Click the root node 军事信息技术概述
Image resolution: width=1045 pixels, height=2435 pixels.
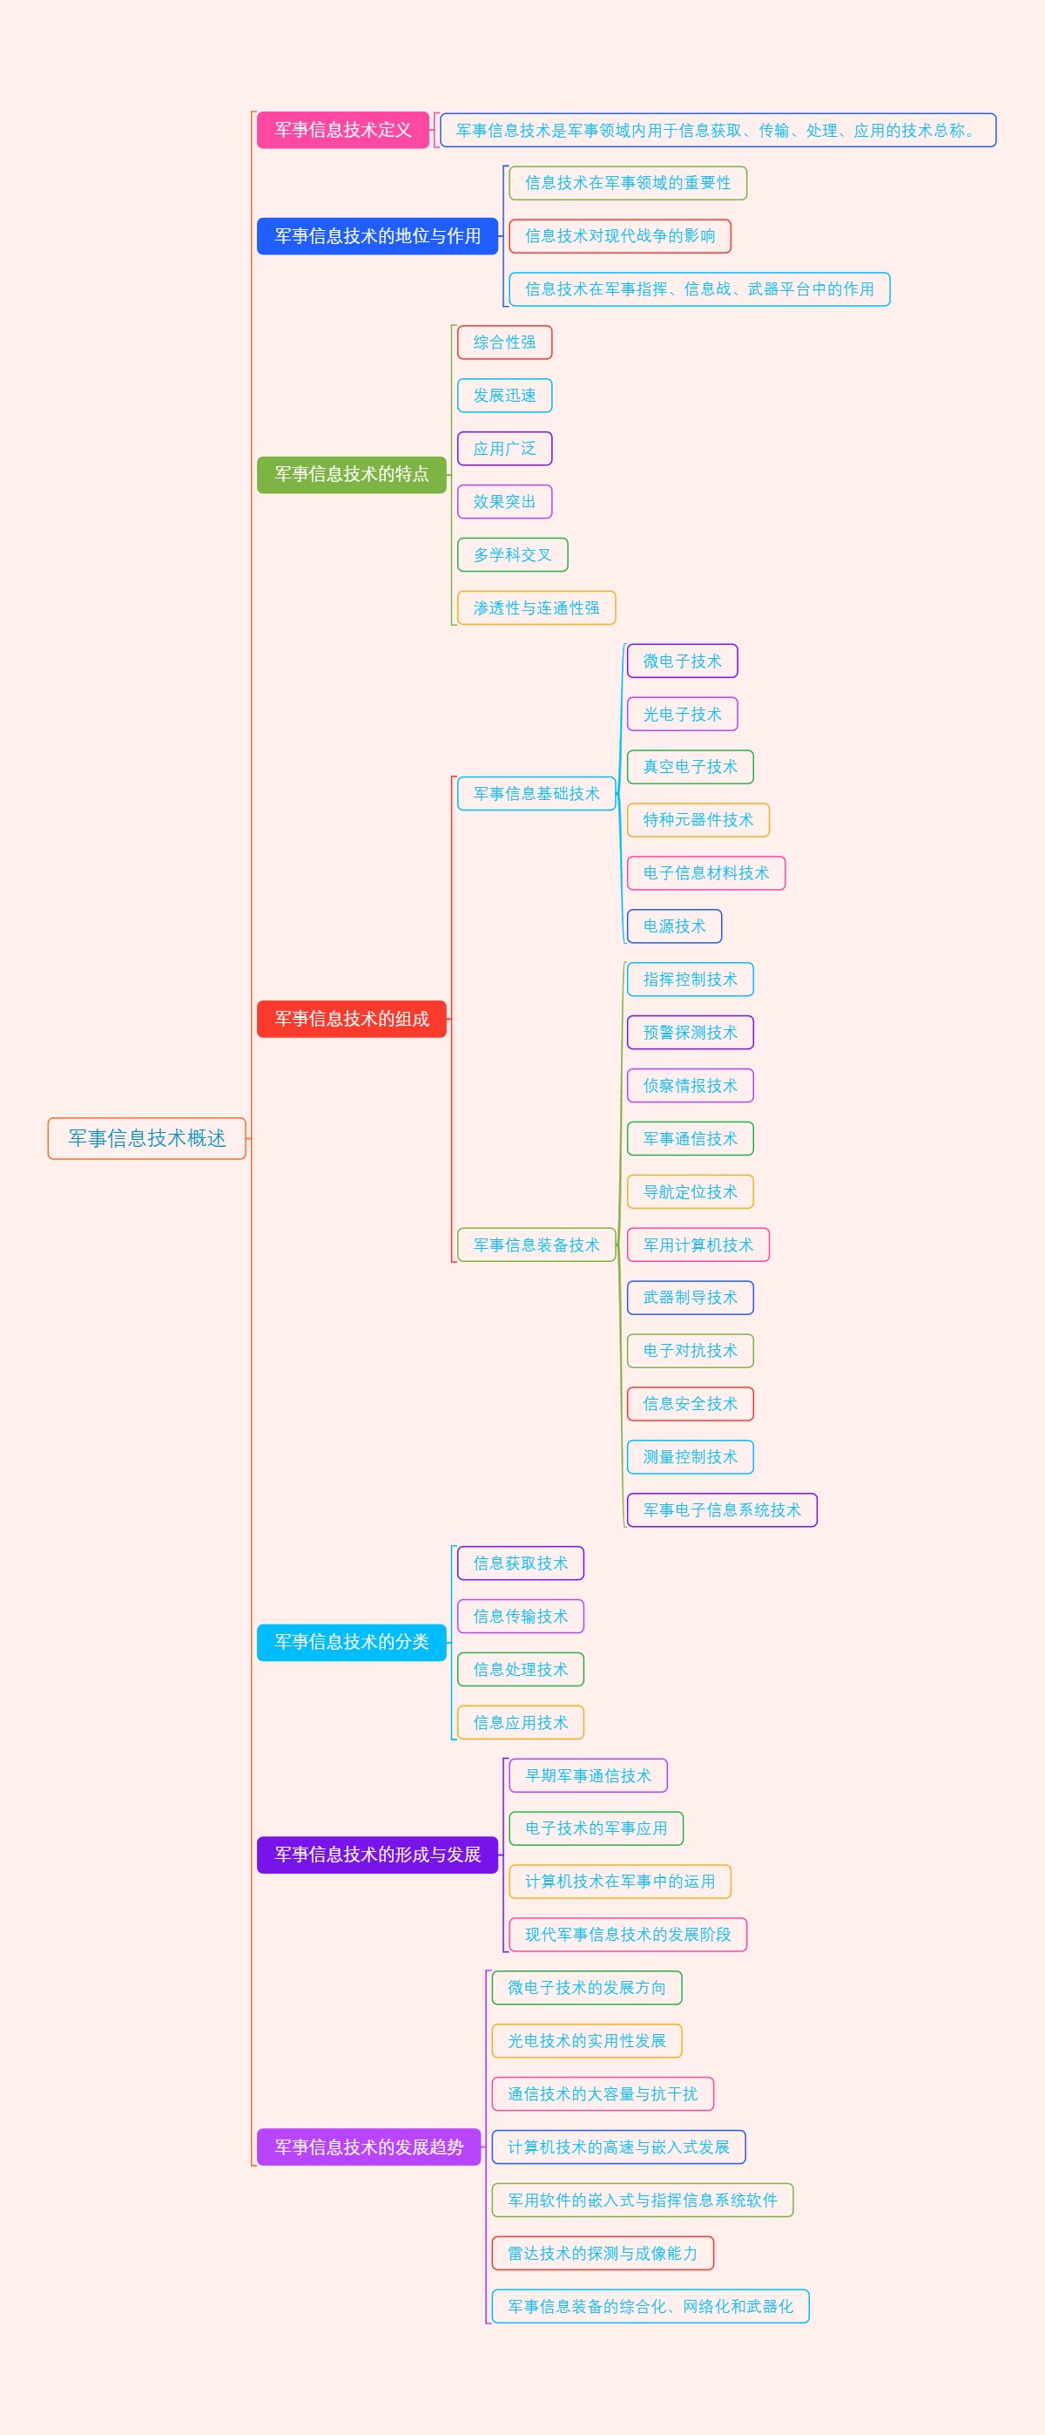point(146,1138)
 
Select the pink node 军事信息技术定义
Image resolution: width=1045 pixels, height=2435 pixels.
point(343,130)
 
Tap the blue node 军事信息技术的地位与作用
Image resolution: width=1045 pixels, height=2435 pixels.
point(377,236)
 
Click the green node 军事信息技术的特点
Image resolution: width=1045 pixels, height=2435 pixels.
point(352,473)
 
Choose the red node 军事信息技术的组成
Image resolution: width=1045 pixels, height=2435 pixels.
point(352,1018)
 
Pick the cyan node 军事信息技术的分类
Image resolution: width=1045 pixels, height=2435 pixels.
point(352,1642)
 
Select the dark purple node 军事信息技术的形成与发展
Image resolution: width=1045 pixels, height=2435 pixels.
point(377,1855)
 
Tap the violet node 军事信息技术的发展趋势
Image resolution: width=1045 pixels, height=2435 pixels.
point(368,2147)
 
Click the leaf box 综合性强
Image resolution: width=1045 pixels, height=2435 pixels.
point(504,343)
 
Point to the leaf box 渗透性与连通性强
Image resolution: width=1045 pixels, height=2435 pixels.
point(536,607)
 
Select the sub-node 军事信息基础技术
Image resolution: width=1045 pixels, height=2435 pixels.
point(536,794)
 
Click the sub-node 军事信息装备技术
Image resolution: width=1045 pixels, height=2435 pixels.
point(536,1245)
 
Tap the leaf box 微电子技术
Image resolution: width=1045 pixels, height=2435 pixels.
point(681,661)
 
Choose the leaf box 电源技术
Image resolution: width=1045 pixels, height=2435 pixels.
point(674,926)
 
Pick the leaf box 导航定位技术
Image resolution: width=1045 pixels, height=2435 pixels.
point(690,1192)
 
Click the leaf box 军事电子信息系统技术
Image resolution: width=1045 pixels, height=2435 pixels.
point(721,1510)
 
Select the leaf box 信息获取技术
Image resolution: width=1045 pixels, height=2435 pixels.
point(520,1563)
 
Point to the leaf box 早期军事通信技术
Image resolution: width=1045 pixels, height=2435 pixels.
point(588,1775)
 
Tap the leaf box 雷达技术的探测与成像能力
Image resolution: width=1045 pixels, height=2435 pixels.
point(602,2254)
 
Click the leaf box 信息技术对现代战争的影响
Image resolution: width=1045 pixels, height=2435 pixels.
point(620,236)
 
